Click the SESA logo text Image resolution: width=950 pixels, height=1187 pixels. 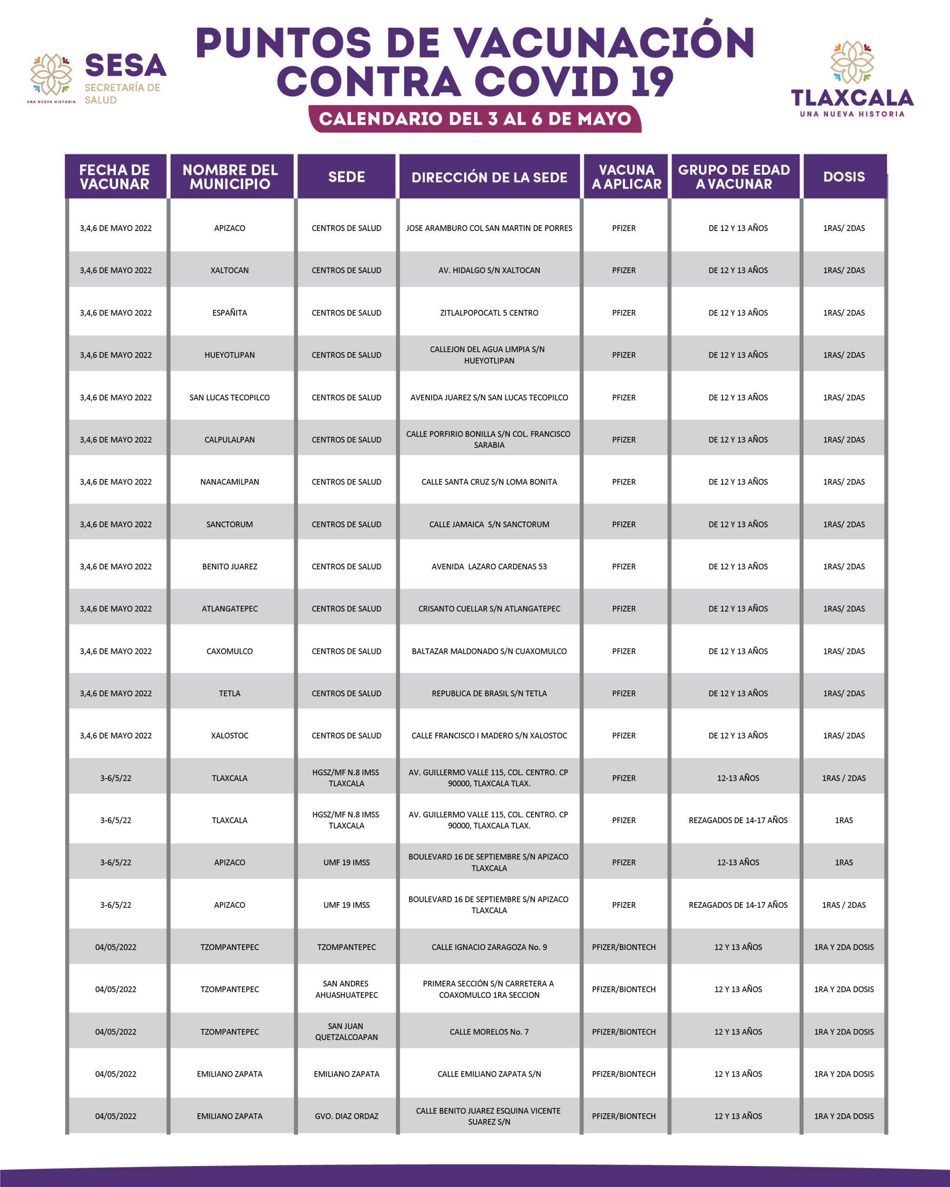[x=126, y=66]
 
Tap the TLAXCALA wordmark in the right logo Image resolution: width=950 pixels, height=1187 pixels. [x=852, y=98]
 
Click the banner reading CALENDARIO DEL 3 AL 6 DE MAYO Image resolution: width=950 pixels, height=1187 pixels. [x=475, y=119]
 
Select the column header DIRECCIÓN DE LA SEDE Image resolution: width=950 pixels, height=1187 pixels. [x=489, y=177]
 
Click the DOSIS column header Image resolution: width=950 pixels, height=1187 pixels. [x=844, y=177]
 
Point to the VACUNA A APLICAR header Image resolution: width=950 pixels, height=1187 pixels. [x=626, y=177]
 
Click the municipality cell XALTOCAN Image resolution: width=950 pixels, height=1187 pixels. [x=230, y=270]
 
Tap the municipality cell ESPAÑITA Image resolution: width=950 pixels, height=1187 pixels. [x=230, y=313]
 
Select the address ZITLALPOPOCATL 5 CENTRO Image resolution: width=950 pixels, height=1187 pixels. [x=489, y=313]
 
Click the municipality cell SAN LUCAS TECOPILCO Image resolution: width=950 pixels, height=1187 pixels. [x=230, y=397]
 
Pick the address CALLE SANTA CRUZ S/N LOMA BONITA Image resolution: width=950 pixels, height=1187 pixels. [x=489, y=482]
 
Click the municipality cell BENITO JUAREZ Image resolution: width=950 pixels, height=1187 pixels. [x=230, y=567]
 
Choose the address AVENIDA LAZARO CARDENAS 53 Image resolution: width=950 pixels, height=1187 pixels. [x=489, y=567]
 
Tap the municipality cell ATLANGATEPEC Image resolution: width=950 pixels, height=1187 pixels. [x=230, y=608]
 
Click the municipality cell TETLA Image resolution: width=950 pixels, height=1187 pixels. [x=230, y=693]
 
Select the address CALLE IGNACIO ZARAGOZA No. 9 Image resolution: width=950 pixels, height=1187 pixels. [x=489, y=947]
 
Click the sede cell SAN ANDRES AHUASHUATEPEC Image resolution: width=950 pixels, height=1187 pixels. [x=346, y=989]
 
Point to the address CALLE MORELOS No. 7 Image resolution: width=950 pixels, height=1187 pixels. [x=489, y=1032]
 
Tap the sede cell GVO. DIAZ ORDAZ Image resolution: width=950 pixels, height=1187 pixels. [x=346, y=1116]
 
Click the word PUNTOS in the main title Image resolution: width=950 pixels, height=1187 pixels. [x=283, y=43]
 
